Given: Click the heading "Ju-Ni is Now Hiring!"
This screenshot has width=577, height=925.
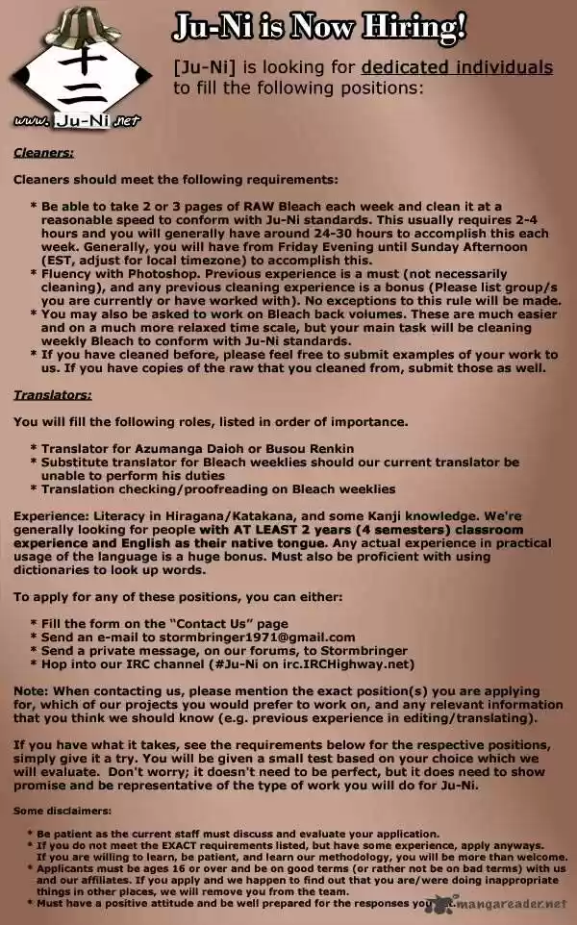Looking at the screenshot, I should coord(319,30).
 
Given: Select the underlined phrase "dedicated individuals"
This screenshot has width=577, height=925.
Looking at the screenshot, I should coord(457,67).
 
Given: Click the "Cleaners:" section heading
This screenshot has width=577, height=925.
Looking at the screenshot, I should coord(43,152).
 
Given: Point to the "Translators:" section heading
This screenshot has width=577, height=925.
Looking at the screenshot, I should coord(52,394).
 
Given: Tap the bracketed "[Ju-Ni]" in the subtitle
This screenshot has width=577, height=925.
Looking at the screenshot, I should coord(205,67).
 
